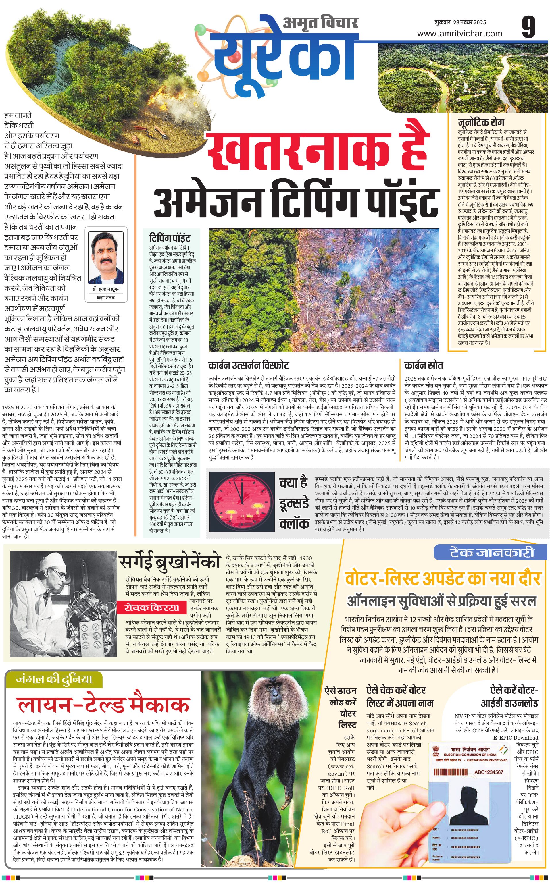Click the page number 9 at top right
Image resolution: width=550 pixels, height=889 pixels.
(x=528, y=27)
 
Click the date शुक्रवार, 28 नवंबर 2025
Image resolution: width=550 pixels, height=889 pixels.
(x=460, y=22)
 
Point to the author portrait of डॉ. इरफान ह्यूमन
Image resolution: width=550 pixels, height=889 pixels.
(x=105, y=258)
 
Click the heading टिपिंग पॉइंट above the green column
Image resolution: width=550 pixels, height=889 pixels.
(x=170, y=238)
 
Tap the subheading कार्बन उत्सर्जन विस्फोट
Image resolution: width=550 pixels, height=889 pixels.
(x=249, y=365)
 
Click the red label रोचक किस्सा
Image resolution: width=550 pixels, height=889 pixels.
(x=152, y=607)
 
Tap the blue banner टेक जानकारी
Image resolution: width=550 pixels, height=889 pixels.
(x=491, y=553)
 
